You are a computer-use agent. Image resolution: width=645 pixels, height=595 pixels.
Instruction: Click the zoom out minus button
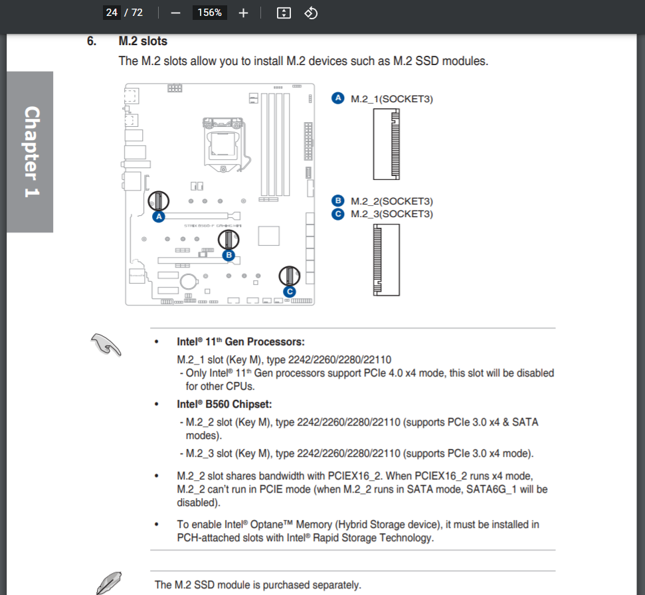pos(176,13)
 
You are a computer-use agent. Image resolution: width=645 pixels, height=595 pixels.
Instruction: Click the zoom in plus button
pos(243,13)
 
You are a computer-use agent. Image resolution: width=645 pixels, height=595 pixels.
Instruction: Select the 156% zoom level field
pos(209,13)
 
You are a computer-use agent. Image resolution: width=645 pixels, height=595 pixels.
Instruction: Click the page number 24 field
pos(112,13)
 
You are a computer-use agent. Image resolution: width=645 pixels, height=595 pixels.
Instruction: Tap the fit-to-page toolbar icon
pos(284,13)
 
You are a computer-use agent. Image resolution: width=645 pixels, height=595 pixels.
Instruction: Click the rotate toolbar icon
pos(311,13)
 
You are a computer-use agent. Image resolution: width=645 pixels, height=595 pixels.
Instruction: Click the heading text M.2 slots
pos(143,41)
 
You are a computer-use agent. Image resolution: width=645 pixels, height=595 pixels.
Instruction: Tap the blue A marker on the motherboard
pos(158,216)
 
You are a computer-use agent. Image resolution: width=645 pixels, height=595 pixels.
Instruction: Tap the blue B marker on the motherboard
pos(229,254)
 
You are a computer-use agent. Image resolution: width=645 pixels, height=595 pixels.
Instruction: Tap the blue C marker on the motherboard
pos(289,291)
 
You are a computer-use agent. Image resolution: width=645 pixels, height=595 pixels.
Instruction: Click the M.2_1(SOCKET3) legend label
pos(392,99)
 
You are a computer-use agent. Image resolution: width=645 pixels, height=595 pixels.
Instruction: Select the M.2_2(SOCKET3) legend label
pos(392,201)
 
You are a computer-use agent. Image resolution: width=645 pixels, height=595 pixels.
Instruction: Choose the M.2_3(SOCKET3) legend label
pos(392,214)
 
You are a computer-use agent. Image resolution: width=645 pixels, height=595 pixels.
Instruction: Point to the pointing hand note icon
pos(106,344)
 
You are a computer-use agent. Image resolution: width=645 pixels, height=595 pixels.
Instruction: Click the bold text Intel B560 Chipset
pos(225,404)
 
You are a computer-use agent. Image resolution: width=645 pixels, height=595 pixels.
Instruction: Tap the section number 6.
pos(92,41)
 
